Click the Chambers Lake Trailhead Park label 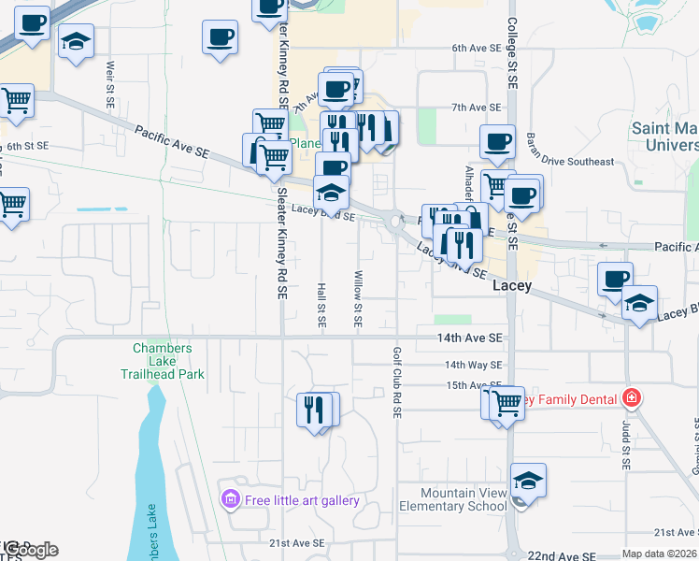tap(162, 361)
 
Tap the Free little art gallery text tap(302, 500)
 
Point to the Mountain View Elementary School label tap(450, 499)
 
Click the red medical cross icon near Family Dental tap(632, 399)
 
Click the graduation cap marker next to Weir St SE tap(76, 43)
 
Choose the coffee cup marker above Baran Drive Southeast tap(497, 142)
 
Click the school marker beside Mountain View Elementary tap(528, 482)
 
